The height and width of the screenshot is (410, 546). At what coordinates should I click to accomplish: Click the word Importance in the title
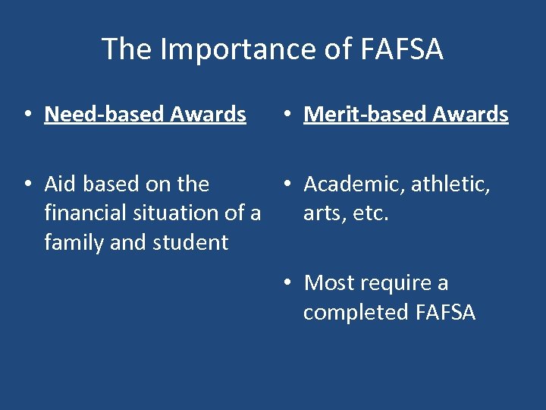pyautogui.click(x=231, y=50)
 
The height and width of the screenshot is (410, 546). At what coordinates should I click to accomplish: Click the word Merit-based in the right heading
pyautogui.click(x=366, y=115)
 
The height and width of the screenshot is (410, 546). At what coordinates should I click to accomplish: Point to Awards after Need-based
pyautogui.click(x=208, y=115)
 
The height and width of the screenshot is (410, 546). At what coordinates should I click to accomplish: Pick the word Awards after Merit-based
pyautogui.click(x=471, y=115)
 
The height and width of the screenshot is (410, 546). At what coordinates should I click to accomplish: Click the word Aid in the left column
pyautogui.click(x=61, y=184)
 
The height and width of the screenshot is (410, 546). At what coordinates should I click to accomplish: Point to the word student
pyautogui.click(x=190, y=243)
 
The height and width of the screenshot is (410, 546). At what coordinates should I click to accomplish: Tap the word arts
pyautogui.click(x=324, y=213)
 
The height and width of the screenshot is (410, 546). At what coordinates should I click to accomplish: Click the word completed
pyautogui.click(x=356, y=313)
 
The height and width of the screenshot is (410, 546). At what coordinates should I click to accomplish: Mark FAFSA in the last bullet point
pyautogui.click(x=445, y=313)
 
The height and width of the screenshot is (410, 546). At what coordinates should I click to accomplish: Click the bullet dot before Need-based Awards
pyautogui.click(x=27, y=115)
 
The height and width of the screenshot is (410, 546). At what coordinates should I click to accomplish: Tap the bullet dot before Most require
pyautogui.click(x=286, y=284)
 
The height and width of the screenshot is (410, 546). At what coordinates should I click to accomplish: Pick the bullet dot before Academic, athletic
pyautogui.click(x=286, y=184)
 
